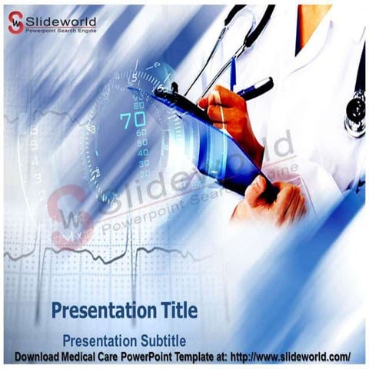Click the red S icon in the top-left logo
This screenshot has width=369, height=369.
(15, 22)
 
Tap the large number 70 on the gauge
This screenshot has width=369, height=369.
(131, 121)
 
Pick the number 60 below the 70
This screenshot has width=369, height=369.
(141, 133)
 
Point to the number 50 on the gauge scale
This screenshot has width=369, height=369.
(142, 143)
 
